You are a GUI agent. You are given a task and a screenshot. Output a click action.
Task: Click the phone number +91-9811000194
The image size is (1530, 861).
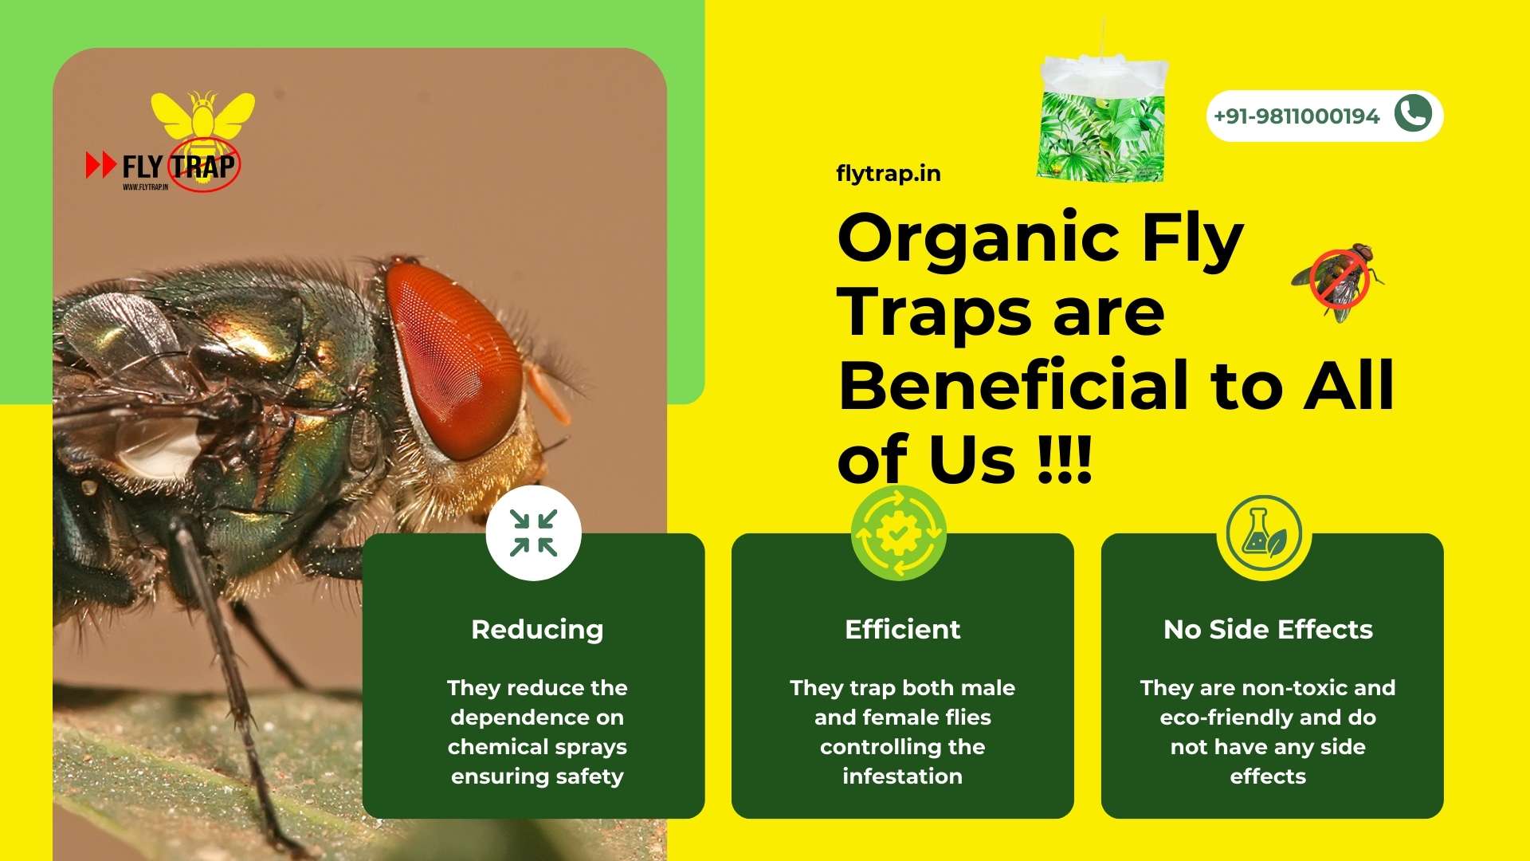pyautogui.click(x=1296, y=116)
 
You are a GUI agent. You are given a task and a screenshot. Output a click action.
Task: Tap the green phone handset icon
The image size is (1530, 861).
pyautogui.click(x=1413, y=113)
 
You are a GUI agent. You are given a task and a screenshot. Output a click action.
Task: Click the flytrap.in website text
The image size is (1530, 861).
pyautogui.click(x=888, y=174)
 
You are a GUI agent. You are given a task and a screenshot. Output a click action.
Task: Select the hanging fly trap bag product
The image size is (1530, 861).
pyautogui.click(x=1102, y=120)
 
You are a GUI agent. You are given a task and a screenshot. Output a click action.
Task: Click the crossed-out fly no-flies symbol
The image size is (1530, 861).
pyautogui.click(x=1340, y=280)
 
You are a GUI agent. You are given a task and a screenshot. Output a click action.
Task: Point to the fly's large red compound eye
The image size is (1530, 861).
pyautogui.click(x=454, y=359)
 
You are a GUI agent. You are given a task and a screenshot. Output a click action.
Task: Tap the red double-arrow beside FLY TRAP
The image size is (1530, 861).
pyautogui.click(x=101, y=165)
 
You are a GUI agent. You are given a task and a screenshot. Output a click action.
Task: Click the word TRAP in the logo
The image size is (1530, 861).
pyautogui.click(x=204, y=167)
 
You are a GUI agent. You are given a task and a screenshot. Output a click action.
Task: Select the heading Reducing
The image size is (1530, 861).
pyautogui.click(x=537, y=630)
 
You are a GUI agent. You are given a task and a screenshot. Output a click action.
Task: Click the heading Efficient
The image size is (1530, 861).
pyautogui.click(x=902, y=630)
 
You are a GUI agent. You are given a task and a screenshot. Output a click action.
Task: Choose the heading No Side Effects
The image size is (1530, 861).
pyautogui.click(x=1268, y=630)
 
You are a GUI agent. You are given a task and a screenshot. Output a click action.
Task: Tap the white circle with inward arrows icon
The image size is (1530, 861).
pyautogui.click(x=534, y=533)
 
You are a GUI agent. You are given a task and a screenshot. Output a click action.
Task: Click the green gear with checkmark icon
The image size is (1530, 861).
pyautogui.click(x=898, y=533)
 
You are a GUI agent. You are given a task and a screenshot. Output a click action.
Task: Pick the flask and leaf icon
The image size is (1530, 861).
pyautogui.click(x=1264, y=533)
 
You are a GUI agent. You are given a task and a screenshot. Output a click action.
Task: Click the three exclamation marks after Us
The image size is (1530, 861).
pyautogui.click(x=1065, y=460)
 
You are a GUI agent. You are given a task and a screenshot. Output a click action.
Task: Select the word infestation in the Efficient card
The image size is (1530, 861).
pyautogui.click(x=902, y=776)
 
